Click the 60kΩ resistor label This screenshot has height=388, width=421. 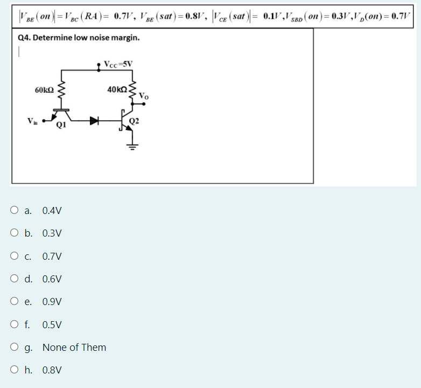point(43,89)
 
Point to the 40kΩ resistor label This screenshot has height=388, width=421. point(117,89)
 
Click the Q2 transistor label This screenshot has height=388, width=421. point(134,120)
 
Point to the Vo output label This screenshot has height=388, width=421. point(143,96)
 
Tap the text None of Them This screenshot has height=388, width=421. point(74,348)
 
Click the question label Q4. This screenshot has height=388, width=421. point(24,38)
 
